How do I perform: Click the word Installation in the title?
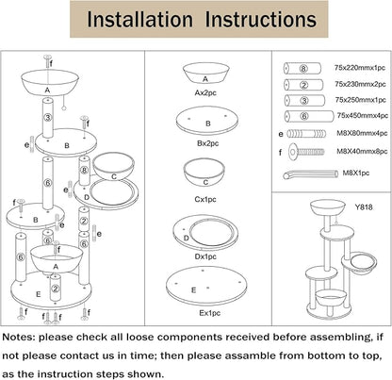pyautogui.click(x=139, y=19)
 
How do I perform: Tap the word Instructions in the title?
pyautogui.click(x=260, y=19)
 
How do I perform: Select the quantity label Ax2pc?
pyautogui.click(x=205, y=92)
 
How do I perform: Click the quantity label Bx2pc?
pyautogui.click(x=207, y=143)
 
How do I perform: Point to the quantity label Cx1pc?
pyautogui.click(x=205, y=199)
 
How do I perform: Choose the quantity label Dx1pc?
pyautogui.click(x=205, y=256)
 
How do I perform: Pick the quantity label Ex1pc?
pyautogui.click(x=209, y=313)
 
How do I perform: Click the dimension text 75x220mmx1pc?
pyautogui.click(x=360, y=68)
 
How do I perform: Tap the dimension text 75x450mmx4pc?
pyautogui.click(x=363, y=116)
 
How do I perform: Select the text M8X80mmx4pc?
pyautogui.click(x=362, y=133)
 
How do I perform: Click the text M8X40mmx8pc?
pyautogui.click(x=362, y=151)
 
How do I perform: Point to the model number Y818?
pyautogui.click(x=364, y=207)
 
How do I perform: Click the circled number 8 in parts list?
pyautogui.click(x=303, y=68)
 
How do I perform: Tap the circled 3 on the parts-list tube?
pyautogui.click(x=304, y=101)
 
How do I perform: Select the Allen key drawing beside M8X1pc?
pyautogui.click(x=310, y=174)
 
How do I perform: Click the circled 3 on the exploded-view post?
pyautogui.click(x=48, y=118)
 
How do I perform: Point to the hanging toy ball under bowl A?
pyautogui.click(x=64, y=107)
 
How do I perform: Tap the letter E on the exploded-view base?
pyautogui.click(x=39, y=294)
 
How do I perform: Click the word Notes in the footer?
pyautogui.click(x=19, y=338)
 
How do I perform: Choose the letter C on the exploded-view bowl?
pyautogui.click(x=114, y=176)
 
